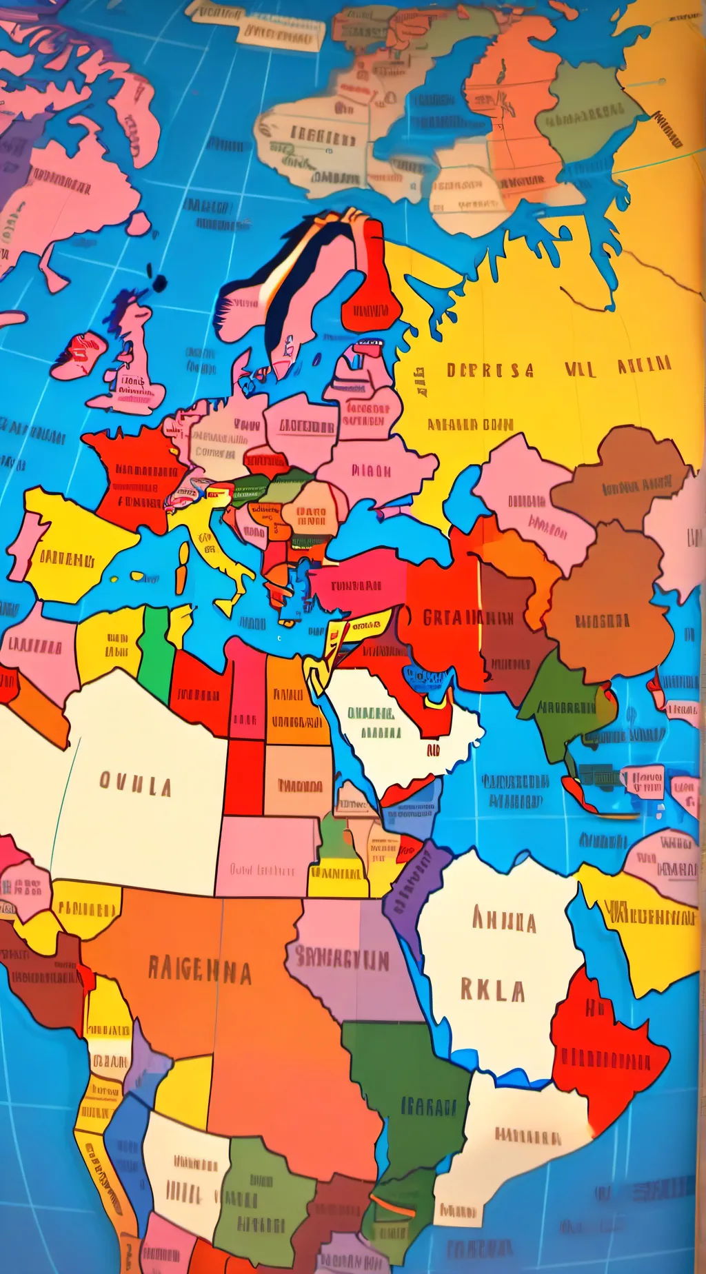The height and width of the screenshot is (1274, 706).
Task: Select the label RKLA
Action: point(493,991)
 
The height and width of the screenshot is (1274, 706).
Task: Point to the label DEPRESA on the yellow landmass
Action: point(490,370)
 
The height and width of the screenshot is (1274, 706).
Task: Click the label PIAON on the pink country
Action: point(371,472)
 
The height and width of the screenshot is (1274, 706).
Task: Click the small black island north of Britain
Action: point(159,283)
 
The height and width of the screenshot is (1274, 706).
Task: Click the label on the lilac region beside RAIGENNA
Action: point(343,958)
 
